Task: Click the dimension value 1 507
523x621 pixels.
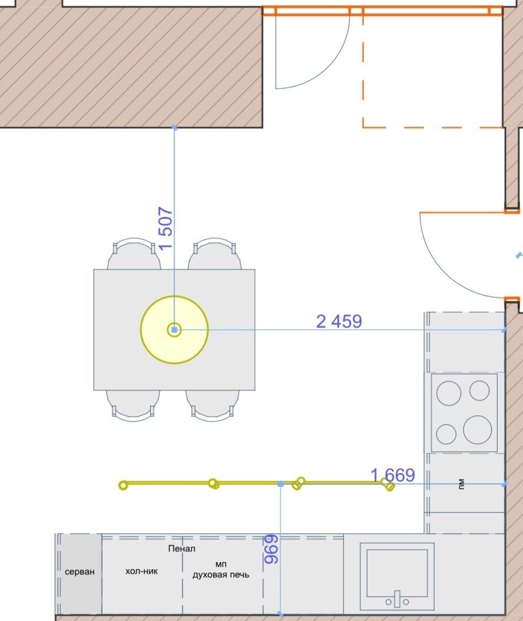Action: click(x=165, y=228)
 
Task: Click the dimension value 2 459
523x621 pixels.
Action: click(x=339, y=321)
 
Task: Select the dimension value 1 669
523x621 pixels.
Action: click(x=393, y=475)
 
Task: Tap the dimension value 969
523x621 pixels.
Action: click(x=272, y=549)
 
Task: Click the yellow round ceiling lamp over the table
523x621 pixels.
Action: click(x=174, y=329)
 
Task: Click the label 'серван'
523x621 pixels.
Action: click(x=80, y=572)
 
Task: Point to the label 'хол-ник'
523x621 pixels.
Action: click(x=141, y=571)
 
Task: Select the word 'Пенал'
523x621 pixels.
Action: click(x=182, y=549)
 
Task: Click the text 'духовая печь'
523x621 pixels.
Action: click(x=220, y=574)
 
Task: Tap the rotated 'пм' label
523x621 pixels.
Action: click(x=461, y=484)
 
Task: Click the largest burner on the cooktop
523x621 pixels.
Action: click(x=478, y=430)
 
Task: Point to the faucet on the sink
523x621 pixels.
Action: click(x=397, y=599)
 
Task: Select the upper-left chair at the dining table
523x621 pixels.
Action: click(x=134, y=253)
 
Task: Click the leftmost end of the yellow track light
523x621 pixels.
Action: click(x=123, y=485)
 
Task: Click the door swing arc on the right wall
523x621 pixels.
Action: click(x=441, y=273)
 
